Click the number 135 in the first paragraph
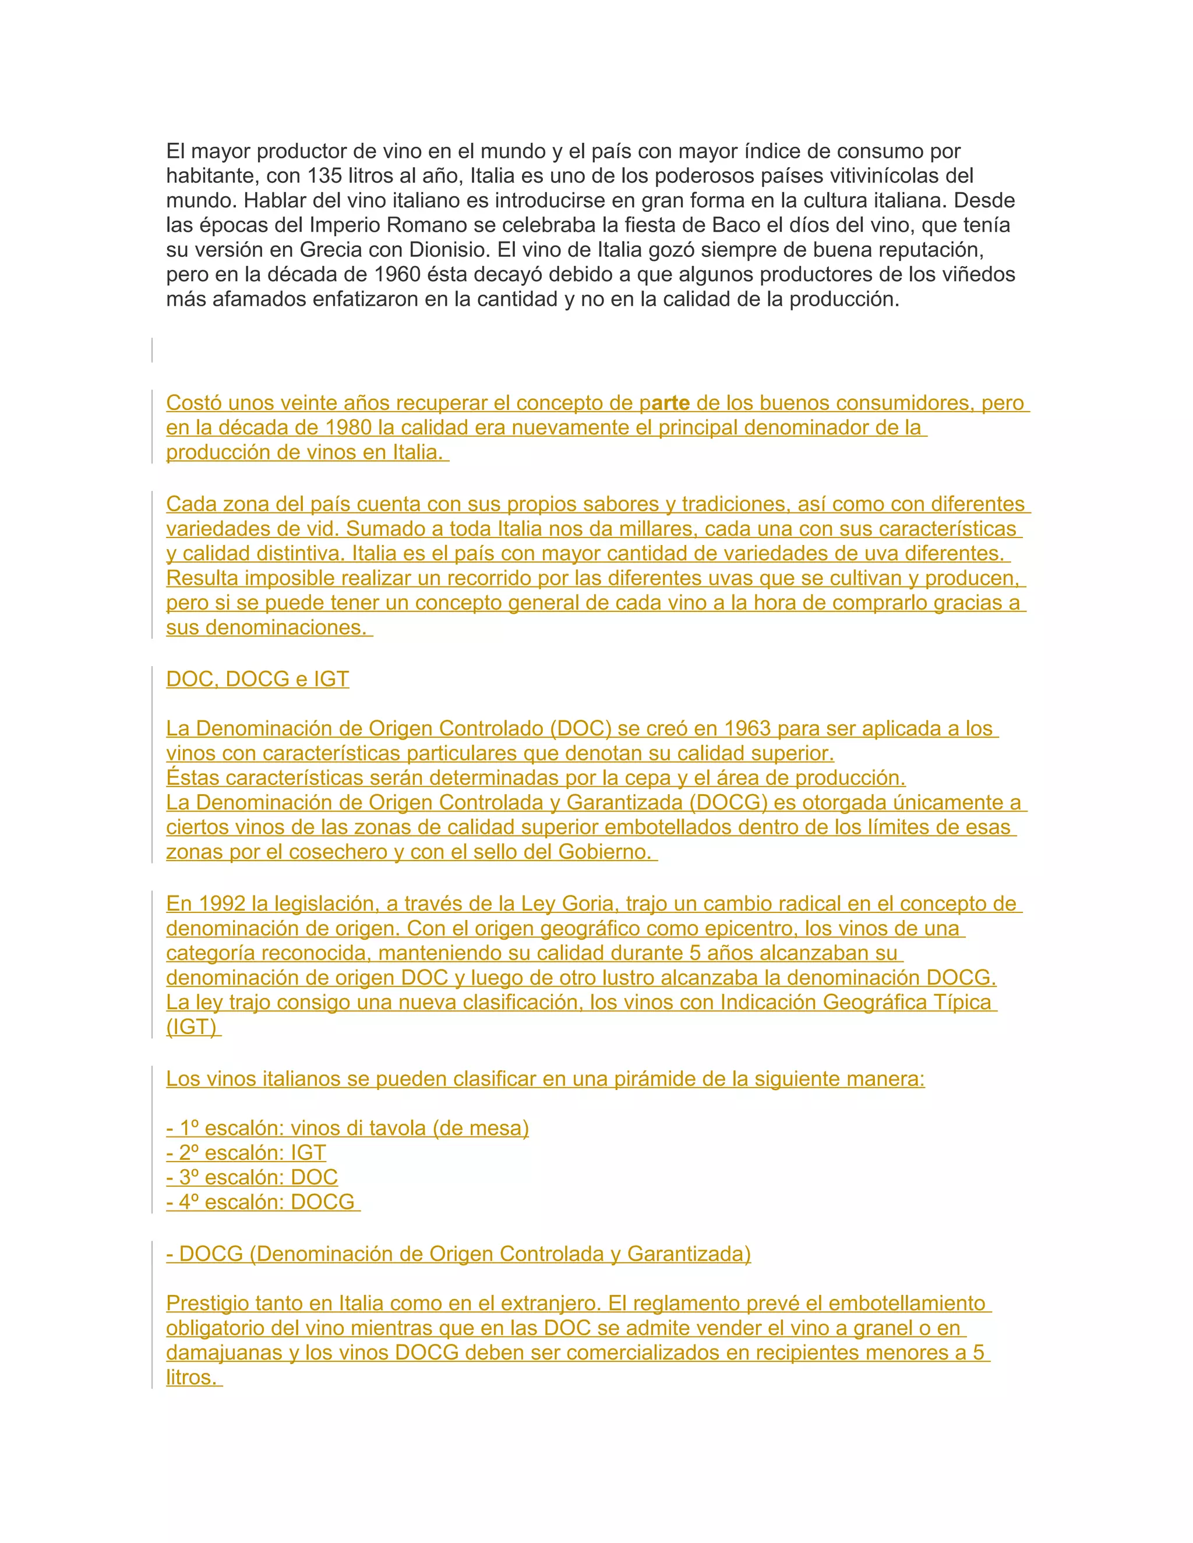(324, 176)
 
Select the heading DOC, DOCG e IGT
(257, 679)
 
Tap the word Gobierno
(604, 852)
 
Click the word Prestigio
(208, 1304)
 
